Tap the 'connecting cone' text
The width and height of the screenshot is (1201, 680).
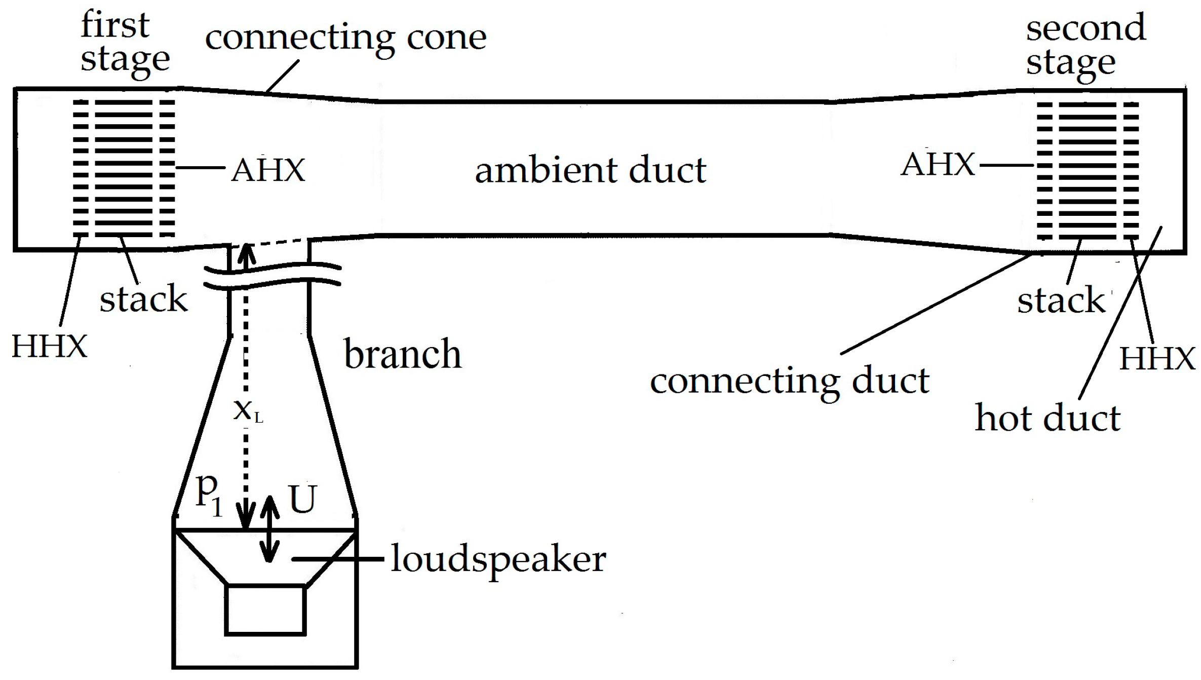[x=345, y=37]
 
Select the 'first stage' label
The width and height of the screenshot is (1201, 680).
[x=124, y=43]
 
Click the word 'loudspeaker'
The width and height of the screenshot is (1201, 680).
[x=498, y=559]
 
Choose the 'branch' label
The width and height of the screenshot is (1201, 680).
[x=403, y=354]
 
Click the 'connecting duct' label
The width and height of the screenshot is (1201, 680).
[x=789, y=381]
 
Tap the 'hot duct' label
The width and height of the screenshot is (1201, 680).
[x=1047, y=419]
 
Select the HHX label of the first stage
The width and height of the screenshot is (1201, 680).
[x=49, y=347]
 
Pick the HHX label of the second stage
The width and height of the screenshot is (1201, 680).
[x=1157, y=359]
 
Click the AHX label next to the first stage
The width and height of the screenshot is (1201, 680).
[x=268, y=170]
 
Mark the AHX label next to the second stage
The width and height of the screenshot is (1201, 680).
[x=937, y=165]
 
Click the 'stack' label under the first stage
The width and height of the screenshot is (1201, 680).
[x=143, y=299]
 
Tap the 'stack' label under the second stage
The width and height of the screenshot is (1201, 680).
[x=1061, y=300]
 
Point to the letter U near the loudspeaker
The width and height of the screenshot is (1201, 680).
[x=302, y=500]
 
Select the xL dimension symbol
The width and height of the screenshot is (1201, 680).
[x=247, y=410]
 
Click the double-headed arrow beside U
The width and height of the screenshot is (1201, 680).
[x=269, y=528]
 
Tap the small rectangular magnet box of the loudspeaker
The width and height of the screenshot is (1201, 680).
[x=265, y=610]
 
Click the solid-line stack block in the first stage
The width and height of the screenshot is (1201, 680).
[x=124, y=169]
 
